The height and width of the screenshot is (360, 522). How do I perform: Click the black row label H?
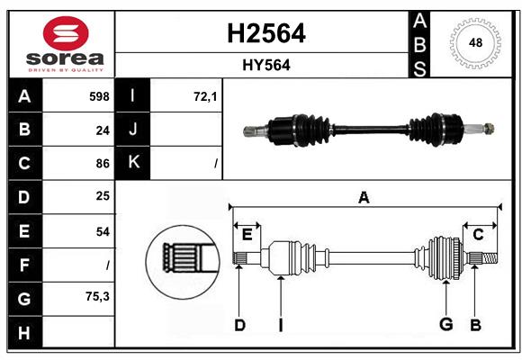pos(23,332)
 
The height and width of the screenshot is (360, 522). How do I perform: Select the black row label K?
pos(133,163)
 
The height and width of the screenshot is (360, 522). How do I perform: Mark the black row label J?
pos(133,130)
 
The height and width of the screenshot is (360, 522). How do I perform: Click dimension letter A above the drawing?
pos(364,198)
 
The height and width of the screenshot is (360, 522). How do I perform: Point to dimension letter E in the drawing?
pos(247,235)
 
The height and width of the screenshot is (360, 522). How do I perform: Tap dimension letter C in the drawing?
pos(478,235)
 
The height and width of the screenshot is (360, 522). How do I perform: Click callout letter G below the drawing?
pos(445,324)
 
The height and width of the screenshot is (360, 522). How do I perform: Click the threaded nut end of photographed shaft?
pos(487,128)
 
